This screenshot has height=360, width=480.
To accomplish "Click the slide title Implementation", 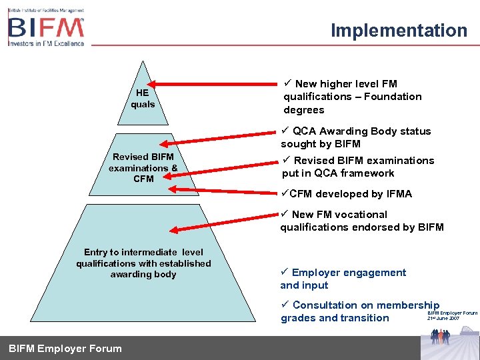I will pos(399,31).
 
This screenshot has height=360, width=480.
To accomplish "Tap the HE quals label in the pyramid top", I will pos(143,99).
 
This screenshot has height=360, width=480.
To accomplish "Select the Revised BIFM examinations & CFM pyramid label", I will pos(143,168).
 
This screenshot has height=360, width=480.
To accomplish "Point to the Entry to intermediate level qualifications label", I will pos(143,263).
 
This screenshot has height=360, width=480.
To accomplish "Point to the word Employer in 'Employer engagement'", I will pos(315,273).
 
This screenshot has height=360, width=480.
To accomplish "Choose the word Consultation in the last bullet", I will pos(325,305).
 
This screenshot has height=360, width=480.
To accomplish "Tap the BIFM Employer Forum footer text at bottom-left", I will pos(65,348).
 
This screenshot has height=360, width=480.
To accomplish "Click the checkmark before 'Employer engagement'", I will pos(285,273).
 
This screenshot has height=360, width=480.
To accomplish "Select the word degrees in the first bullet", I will pos(304,110).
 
